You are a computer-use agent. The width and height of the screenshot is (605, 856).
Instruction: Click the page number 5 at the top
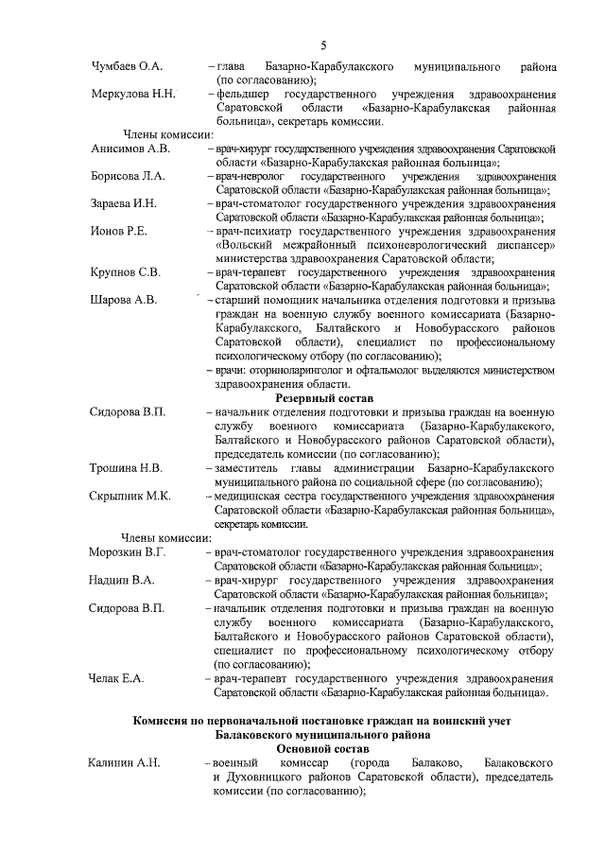tap(323, 44)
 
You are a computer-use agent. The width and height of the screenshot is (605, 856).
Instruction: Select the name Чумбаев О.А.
tap(127, 68)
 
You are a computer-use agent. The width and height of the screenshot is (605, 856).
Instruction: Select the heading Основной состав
tap(327, 748)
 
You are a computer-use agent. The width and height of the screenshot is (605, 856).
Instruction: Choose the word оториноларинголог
tap(303, 370)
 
